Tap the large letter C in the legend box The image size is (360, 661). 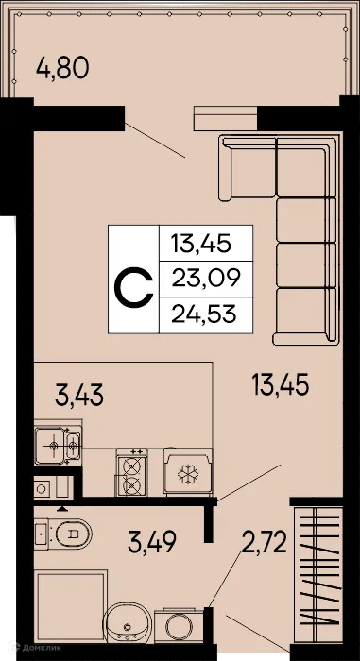point(133,280)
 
